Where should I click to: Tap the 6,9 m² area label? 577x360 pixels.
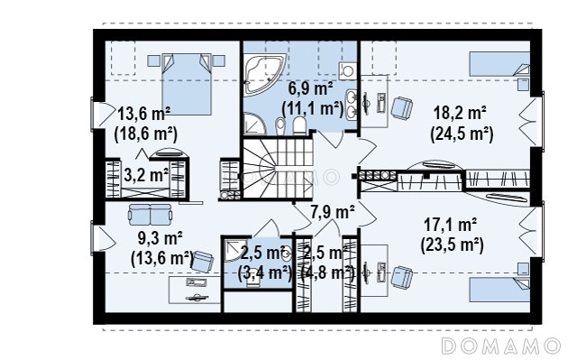(310, 88)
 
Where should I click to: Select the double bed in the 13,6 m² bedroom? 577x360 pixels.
(187, 84)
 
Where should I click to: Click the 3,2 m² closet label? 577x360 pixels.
(146, 175)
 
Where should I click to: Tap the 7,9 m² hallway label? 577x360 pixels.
(333, 212)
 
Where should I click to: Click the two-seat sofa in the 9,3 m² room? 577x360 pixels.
(151, 215)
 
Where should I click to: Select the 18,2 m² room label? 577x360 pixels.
(460, 112)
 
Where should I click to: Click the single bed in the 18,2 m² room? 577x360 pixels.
(499, 64)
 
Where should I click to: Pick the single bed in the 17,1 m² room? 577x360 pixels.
(499, 290)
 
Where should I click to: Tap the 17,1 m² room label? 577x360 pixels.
(451, 224)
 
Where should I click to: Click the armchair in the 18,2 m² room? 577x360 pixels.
(401, 108)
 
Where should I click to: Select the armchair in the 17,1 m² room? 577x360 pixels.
(401, 277)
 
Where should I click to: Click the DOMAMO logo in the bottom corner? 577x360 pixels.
(500, 346)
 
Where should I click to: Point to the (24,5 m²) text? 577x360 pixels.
(462, 134)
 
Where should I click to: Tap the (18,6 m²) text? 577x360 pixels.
(146, 134)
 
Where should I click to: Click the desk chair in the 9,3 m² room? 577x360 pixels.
(203, 261)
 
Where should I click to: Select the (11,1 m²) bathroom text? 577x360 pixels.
(312, 109)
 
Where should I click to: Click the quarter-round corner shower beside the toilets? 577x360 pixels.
(255, 123)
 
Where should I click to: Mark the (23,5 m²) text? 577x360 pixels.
(453, 245)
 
